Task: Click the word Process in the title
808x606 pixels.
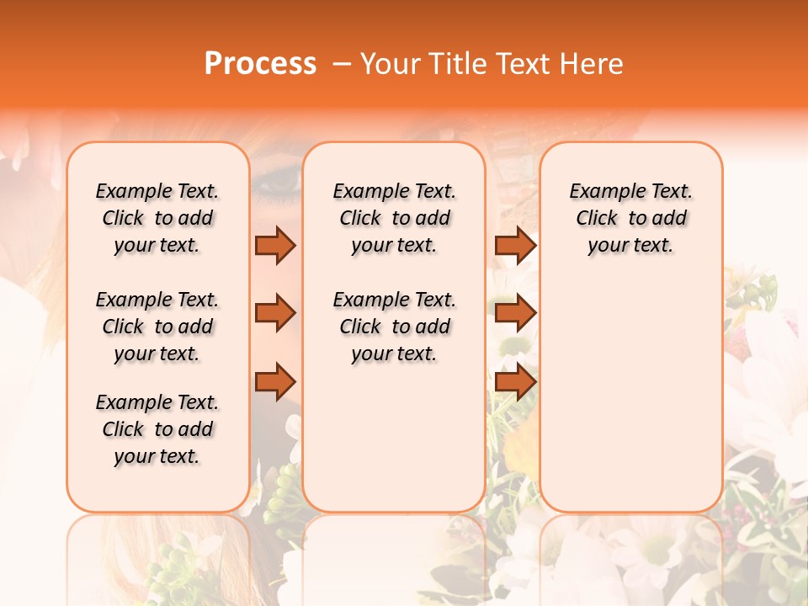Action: [260, 64]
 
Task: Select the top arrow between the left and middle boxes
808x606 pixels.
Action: [275, 245]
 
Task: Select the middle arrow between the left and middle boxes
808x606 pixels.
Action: [275, 313]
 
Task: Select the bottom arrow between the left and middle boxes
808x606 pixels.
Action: [275, 381]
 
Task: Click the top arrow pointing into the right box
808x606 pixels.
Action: [515, 245]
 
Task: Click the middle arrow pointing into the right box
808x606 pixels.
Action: [515, 313]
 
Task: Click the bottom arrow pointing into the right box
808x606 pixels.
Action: [515, 381]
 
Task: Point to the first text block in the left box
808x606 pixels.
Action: [157, 218]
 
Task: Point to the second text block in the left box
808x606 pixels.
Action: [157, 327]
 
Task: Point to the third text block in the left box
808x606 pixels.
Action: [157, 429]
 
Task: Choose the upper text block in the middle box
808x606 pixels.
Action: [395, 218]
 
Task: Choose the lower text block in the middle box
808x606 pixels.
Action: [395, 327]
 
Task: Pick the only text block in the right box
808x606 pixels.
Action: [631, 218]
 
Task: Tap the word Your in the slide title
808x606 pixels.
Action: [389, 64]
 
